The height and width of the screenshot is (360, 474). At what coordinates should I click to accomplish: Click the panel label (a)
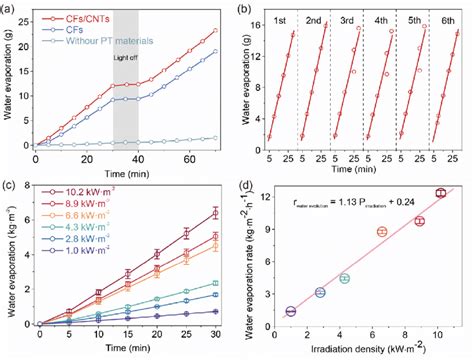[x=12, y=8]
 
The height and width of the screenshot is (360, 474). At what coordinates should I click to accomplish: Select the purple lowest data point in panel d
[x=291, y=311]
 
